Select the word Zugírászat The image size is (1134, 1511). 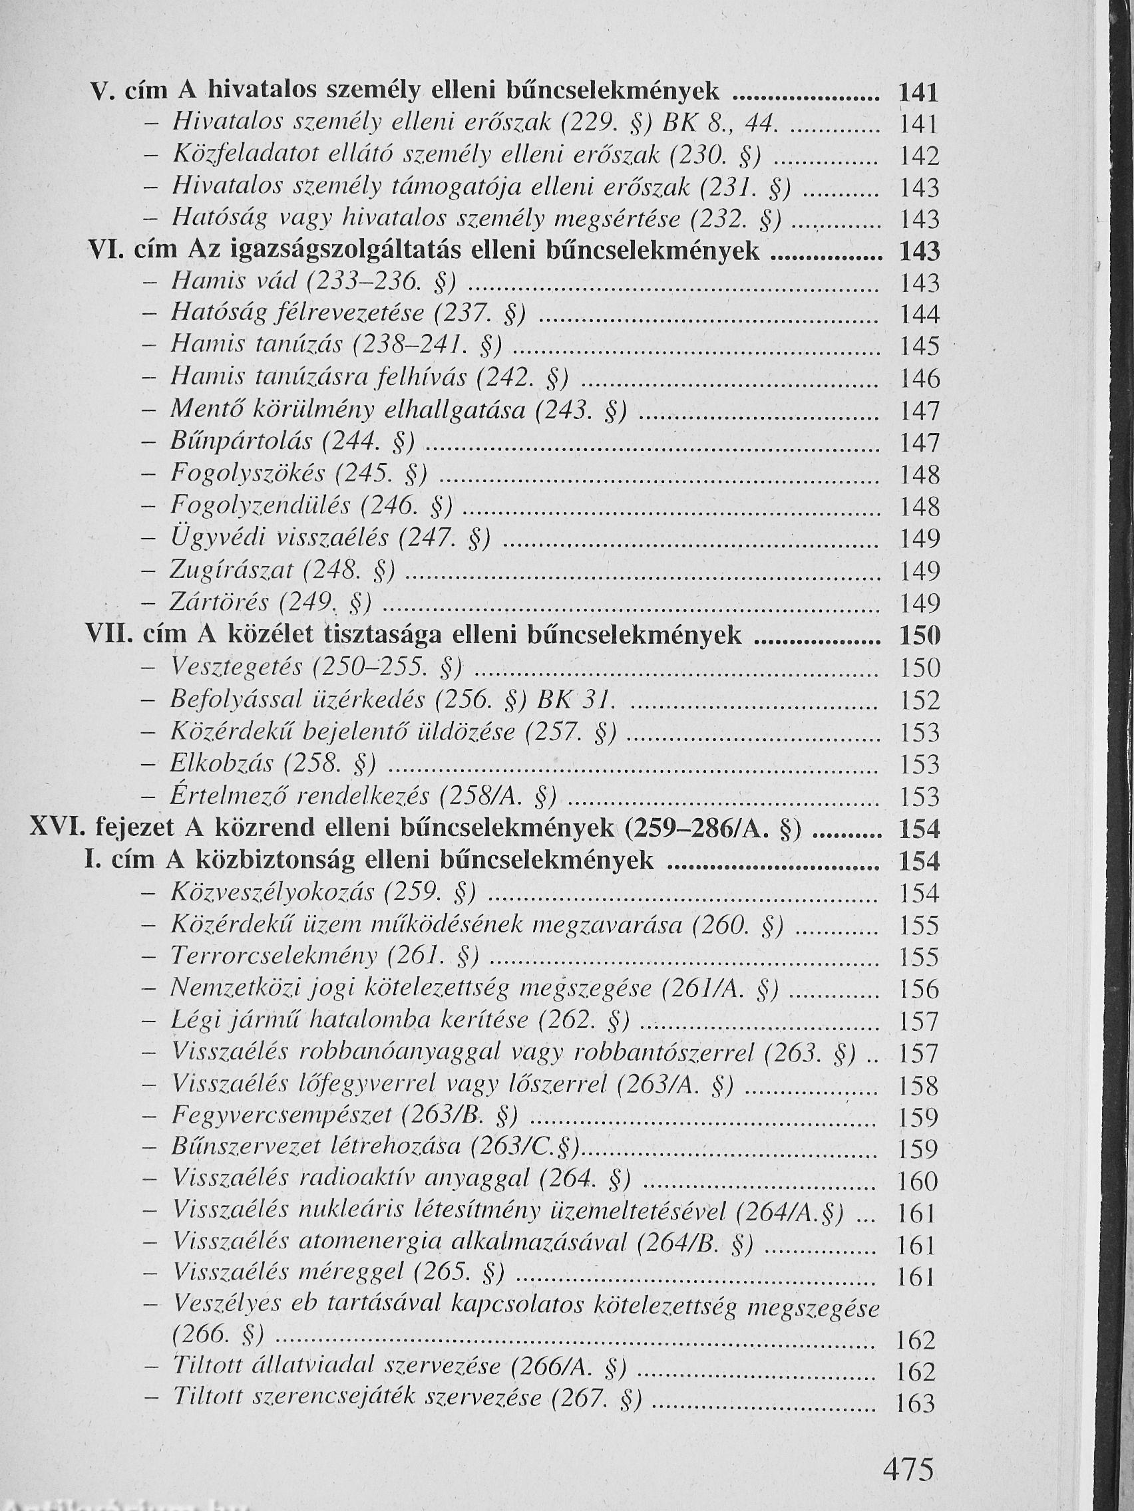coord(232,571)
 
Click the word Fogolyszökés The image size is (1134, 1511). coord(238,474)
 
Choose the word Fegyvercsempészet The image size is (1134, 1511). coord(282,1116)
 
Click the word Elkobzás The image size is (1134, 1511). coord(222,763)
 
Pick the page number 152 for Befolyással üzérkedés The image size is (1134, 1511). coord(919,700)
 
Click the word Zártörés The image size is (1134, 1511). coord(221,603)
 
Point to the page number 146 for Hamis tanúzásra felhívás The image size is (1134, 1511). coord(919,378)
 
